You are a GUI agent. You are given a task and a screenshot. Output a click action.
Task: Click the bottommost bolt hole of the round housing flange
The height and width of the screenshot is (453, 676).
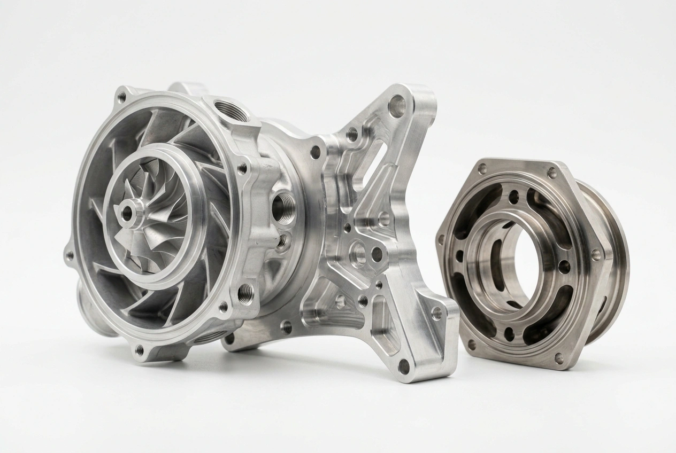tap(140, 350)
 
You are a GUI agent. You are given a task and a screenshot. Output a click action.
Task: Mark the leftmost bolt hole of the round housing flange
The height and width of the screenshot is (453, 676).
tap(70, 256)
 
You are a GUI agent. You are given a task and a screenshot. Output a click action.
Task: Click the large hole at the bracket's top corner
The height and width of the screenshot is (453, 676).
tap(397, 106)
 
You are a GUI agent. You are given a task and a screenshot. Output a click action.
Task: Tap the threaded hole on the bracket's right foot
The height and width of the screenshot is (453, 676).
tap(437, 313)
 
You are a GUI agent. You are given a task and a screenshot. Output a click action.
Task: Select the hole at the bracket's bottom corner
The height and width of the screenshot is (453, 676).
tap(405, 367)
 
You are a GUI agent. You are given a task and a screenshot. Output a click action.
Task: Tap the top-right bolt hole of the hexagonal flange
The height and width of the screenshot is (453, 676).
tap(552, 173)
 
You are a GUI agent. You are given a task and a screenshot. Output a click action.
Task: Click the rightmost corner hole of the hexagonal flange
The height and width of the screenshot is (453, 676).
tap(595, 255)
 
